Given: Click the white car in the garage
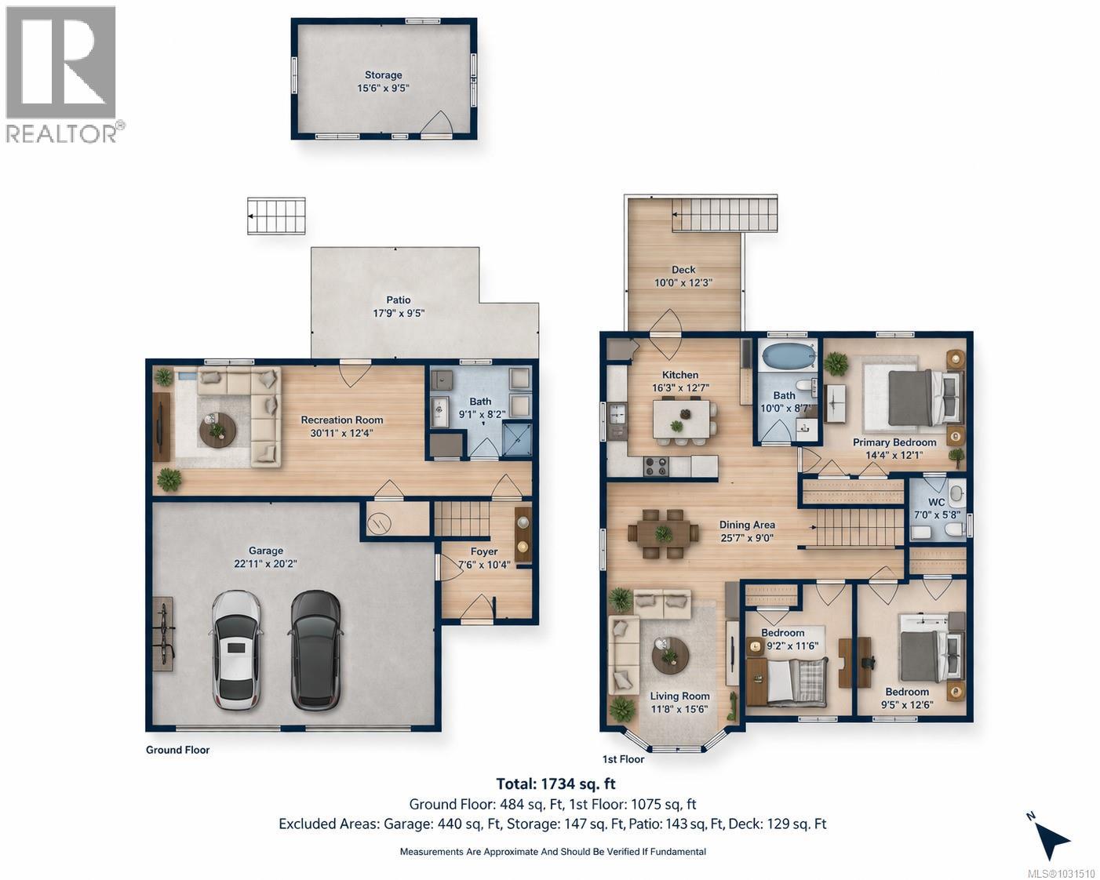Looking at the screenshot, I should point(237,650).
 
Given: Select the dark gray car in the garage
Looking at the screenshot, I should point(315,649).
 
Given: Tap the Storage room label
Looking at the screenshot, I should point(383,75).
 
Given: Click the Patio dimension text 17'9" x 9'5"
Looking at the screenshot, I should point(399,313).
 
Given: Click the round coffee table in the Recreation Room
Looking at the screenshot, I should point(217,430).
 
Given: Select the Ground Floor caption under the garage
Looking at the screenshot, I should point(177,750).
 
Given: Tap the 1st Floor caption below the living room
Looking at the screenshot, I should point(623,759).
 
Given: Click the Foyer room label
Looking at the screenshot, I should point(484,551).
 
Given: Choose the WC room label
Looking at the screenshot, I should point(936,502).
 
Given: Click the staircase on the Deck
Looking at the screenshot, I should point(723,214).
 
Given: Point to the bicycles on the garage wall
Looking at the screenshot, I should point(163,632).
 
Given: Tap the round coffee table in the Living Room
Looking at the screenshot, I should point(671,655).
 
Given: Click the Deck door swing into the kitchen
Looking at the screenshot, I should point(665,323).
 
